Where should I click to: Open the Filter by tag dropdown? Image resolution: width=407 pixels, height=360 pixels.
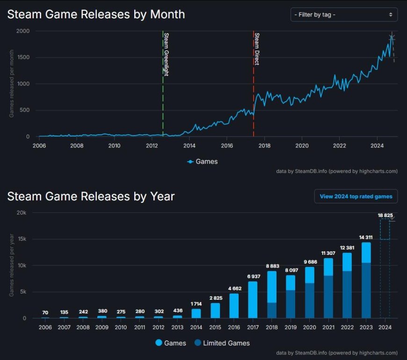[344, 14]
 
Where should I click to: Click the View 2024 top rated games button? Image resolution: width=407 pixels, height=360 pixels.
[356, 196]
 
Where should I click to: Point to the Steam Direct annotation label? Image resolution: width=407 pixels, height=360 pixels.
[257, 49]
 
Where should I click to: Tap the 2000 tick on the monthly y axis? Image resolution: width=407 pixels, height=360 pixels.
[23, 31]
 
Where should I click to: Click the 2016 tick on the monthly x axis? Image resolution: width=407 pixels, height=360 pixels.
[227, 145]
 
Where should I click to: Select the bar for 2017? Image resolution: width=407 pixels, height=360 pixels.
[253, 299]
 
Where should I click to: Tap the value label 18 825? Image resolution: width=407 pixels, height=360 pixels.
[385, 215]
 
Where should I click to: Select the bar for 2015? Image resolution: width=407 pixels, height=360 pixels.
[215, 310]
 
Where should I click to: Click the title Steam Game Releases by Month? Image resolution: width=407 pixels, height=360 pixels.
[96, 14]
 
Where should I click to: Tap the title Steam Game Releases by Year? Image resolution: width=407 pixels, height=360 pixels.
[91, 196]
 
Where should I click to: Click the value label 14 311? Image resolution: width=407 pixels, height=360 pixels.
[366, 237]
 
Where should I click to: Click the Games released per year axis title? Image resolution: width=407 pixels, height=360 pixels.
[11, 265]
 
